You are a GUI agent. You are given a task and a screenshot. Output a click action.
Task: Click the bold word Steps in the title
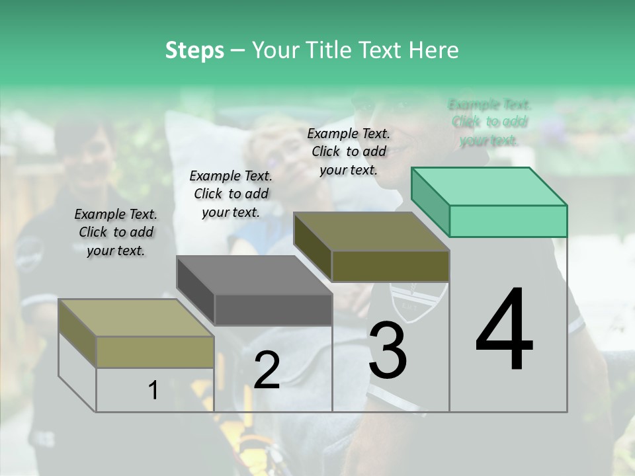tap(194, 50)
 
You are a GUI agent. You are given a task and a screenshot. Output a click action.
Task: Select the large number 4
tap(504, 331)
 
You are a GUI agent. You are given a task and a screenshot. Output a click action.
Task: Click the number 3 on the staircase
tap(388, 350)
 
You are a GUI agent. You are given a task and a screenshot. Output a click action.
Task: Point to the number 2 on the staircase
tap(267, 370)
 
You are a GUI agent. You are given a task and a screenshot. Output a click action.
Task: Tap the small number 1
tap(153, 391)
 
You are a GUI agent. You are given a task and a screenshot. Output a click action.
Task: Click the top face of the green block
tap(489, 186)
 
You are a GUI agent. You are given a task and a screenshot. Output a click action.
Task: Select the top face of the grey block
tap(255, 274)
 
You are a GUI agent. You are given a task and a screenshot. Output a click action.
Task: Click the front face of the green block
tap(508, 221)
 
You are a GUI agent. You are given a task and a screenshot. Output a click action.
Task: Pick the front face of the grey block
tap(273, 310)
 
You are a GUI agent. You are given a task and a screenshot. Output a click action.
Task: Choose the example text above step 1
tap(116, 232)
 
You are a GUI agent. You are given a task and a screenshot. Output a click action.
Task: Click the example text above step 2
tap(231, 194)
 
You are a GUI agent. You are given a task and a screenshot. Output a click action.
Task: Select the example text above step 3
tap(349, 151)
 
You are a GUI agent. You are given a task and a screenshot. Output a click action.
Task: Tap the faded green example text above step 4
tap(489, 122)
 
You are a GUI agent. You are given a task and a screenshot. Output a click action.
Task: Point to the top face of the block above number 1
tap(136, 317)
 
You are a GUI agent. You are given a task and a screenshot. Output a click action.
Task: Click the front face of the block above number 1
tap(155, 352)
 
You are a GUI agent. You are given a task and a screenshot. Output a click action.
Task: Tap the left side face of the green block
tap(430, 202)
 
